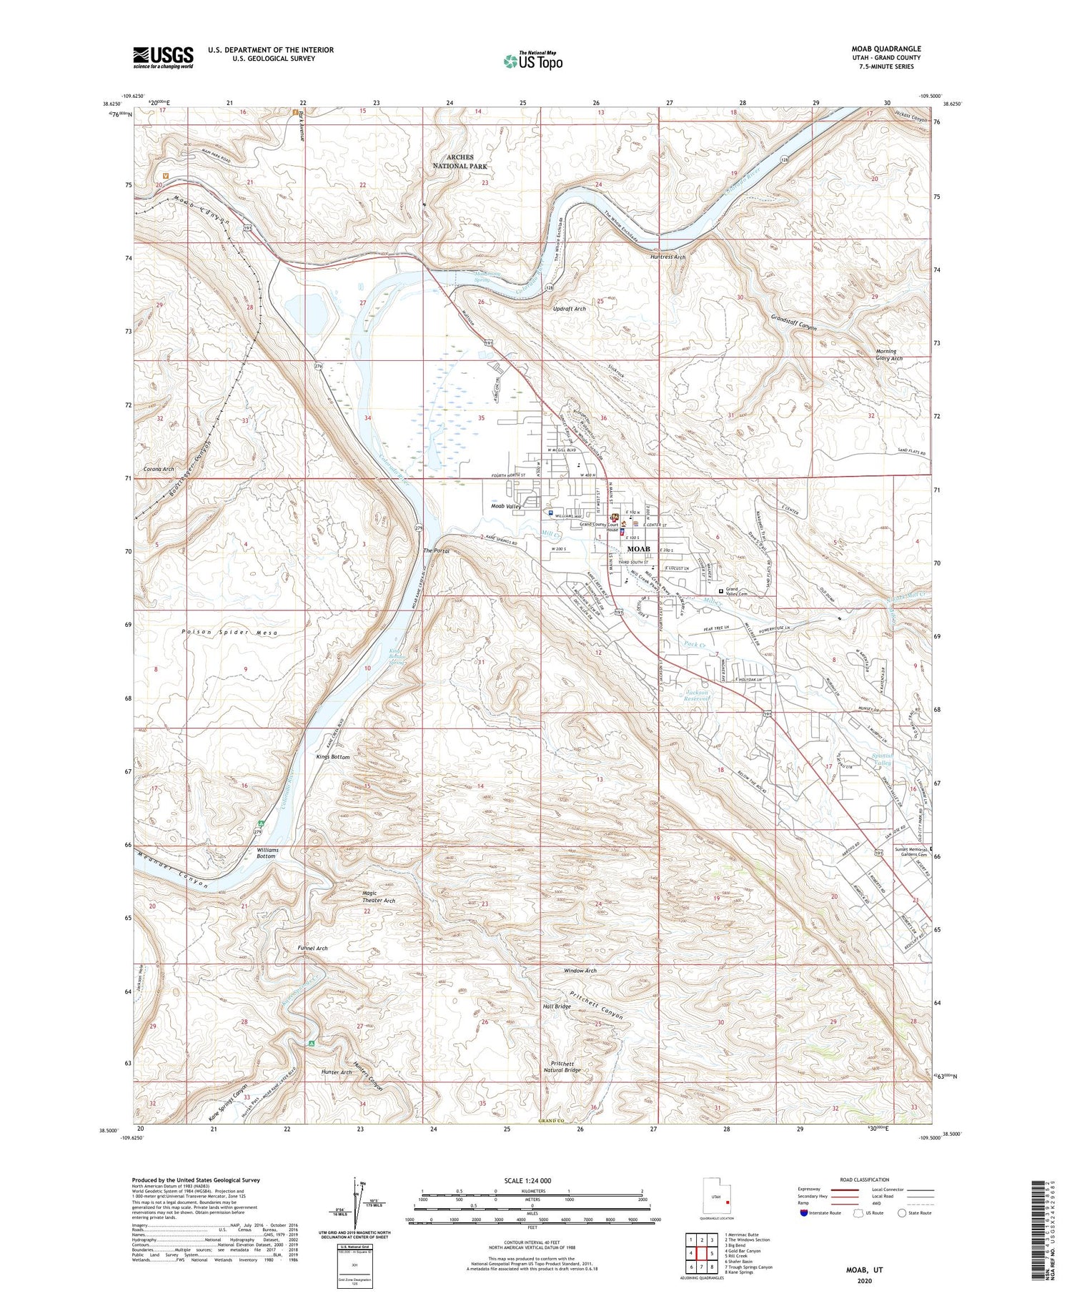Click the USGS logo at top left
coord(163,56)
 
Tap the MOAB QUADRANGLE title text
coord(881,49)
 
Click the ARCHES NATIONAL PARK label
coord(460,161)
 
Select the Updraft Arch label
coord(569,309)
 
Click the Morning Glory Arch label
coord(889,355)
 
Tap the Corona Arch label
coord(159,469)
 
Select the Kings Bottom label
coord(332,756)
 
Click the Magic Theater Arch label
coord(379,896)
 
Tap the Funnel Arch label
coord(312,948)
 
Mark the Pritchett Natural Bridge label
coord(565,1066)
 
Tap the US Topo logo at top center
coord(532,61)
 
